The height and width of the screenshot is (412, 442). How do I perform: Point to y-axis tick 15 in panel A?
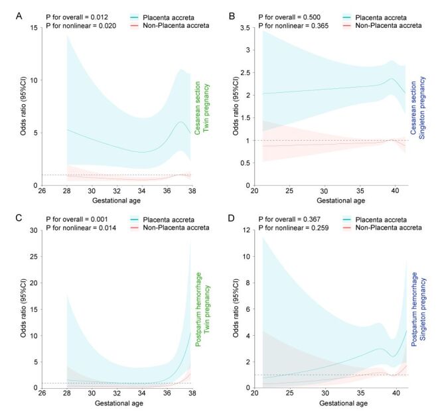[35, 28]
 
